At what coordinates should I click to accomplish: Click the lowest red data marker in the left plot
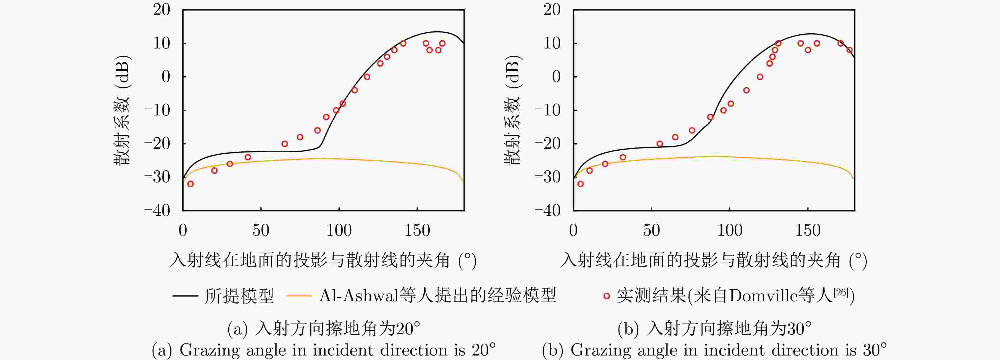(190, 184)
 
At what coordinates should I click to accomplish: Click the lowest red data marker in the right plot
(580, 184)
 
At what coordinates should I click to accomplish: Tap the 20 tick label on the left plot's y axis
(161, 10)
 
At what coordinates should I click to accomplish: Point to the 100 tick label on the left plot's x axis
(339, 231)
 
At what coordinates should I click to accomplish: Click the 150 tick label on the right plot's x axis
(808, 231)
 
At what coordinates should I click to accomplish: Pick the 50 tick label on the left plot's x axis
(261, 231)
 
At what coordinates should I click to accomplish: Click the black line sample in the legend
(185, 296)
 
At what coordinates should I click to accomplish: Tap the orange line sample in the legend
(299, 296)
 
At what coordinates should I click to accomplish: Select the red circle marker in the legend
(606, 296)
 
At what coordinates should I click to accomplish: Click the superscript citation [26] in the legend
(840, 292)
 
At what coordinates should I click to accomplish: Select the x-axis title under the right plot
(713, 260)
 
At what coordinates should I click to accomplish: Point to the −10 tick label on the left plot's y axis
(157, 110)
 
